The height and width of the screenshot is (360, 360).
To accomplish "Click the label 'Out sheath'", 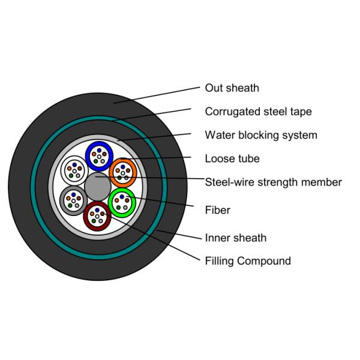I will coord(232,88).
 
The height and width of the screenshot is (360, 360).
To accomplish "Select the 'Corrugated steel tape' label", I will coord(258,112).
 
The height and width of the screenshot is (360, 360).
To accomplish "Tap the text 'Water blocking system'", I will coord(260,135).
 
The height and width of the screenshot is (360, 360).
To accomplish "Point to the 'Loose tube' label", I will coord(232,159).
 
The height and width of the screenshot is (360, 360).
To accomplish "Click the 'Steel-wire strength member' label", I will coord(273,182).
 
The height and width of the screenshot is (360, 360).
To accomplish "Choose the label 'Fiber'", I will coord(217,210).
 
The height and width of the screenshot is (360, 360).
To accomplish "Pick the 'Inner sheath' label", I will coord(235,238).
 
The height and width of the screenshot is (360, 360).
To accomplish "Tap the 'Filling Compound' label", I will coord(247,261).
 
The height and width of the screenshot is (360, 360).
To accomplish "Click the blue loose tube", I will coord(99,156).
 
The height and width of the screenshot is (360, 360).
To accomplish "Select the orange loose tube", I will coord(124,173).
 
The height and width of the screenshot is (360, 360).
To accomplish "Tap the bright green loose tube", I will coord(122,202).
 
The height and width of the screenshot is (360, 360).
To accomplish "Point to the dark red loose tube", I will coord(97,216).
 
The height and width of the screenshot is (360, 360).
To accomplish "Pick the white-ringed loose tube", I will coord(74,170).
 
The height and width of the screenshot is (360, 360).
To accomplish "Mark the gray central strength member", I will coord(97,187).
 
